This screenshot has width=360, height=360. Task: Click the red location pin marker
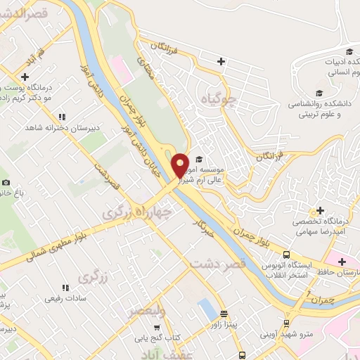(181, 165)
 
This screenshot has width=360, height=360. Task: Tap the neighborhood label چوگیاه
(219, 99)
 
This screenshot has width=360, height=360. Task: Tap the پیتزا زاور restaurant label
(226, 326)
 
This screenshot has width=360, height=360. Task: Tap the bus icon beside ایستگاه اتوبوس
(285, 255)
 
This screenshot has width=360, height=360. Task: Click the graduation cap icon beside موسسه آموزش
(199, 159)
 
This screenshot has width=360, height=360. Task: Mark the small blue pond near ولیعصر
(205, 307)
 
